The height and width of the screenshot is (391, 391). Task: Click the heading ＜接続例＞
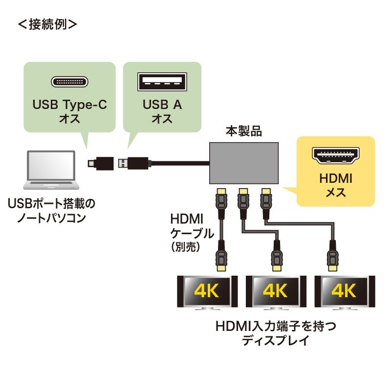coord(47,23)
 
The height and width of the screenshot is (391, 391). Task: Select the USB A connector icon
coord(162,81)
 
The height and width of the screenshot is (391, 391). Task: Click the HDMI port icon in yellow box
coord(336,155)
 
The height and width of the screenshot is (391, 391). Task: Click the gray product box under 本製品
coord(244,163)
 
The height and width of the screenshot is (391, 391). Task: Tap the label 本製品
coord(243,131)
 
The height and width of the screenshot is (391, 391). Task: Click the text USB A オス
coord(162,111)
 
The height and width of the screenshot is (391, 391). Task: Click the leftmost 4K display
coord(207,292)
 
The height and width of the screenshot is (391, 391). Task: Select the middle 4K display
coord(275,292)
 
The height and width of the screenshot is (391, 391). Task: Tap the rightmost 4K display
coord(344,292)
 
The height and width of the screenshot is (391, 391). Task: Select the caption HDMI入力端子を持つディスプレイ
coord(276,333)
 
